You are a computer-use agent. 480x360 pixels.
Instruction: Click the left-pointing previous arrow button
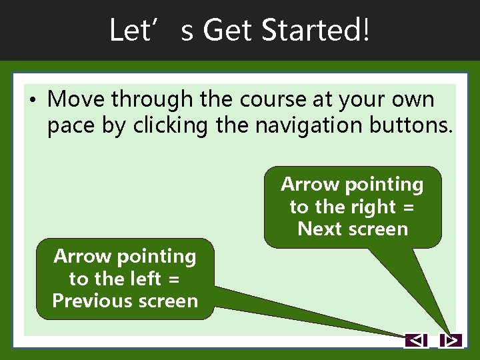click(416, 341)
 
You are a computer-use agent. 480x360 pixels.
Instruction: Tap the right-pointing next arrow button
click(451, 341)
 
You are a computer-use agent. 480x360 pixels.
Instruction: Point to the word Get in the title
click(225, 30)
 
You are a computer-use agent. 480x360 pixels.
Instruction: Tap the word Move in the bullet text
click(77, 100)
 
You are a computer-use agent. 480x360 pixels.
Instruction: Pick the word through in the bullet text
click(153, 100)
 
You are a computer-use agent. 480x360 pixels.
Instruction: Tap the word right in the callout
click(375, 207)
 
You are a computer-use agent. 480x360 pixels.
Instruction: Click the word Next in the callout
click(319, 229)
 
